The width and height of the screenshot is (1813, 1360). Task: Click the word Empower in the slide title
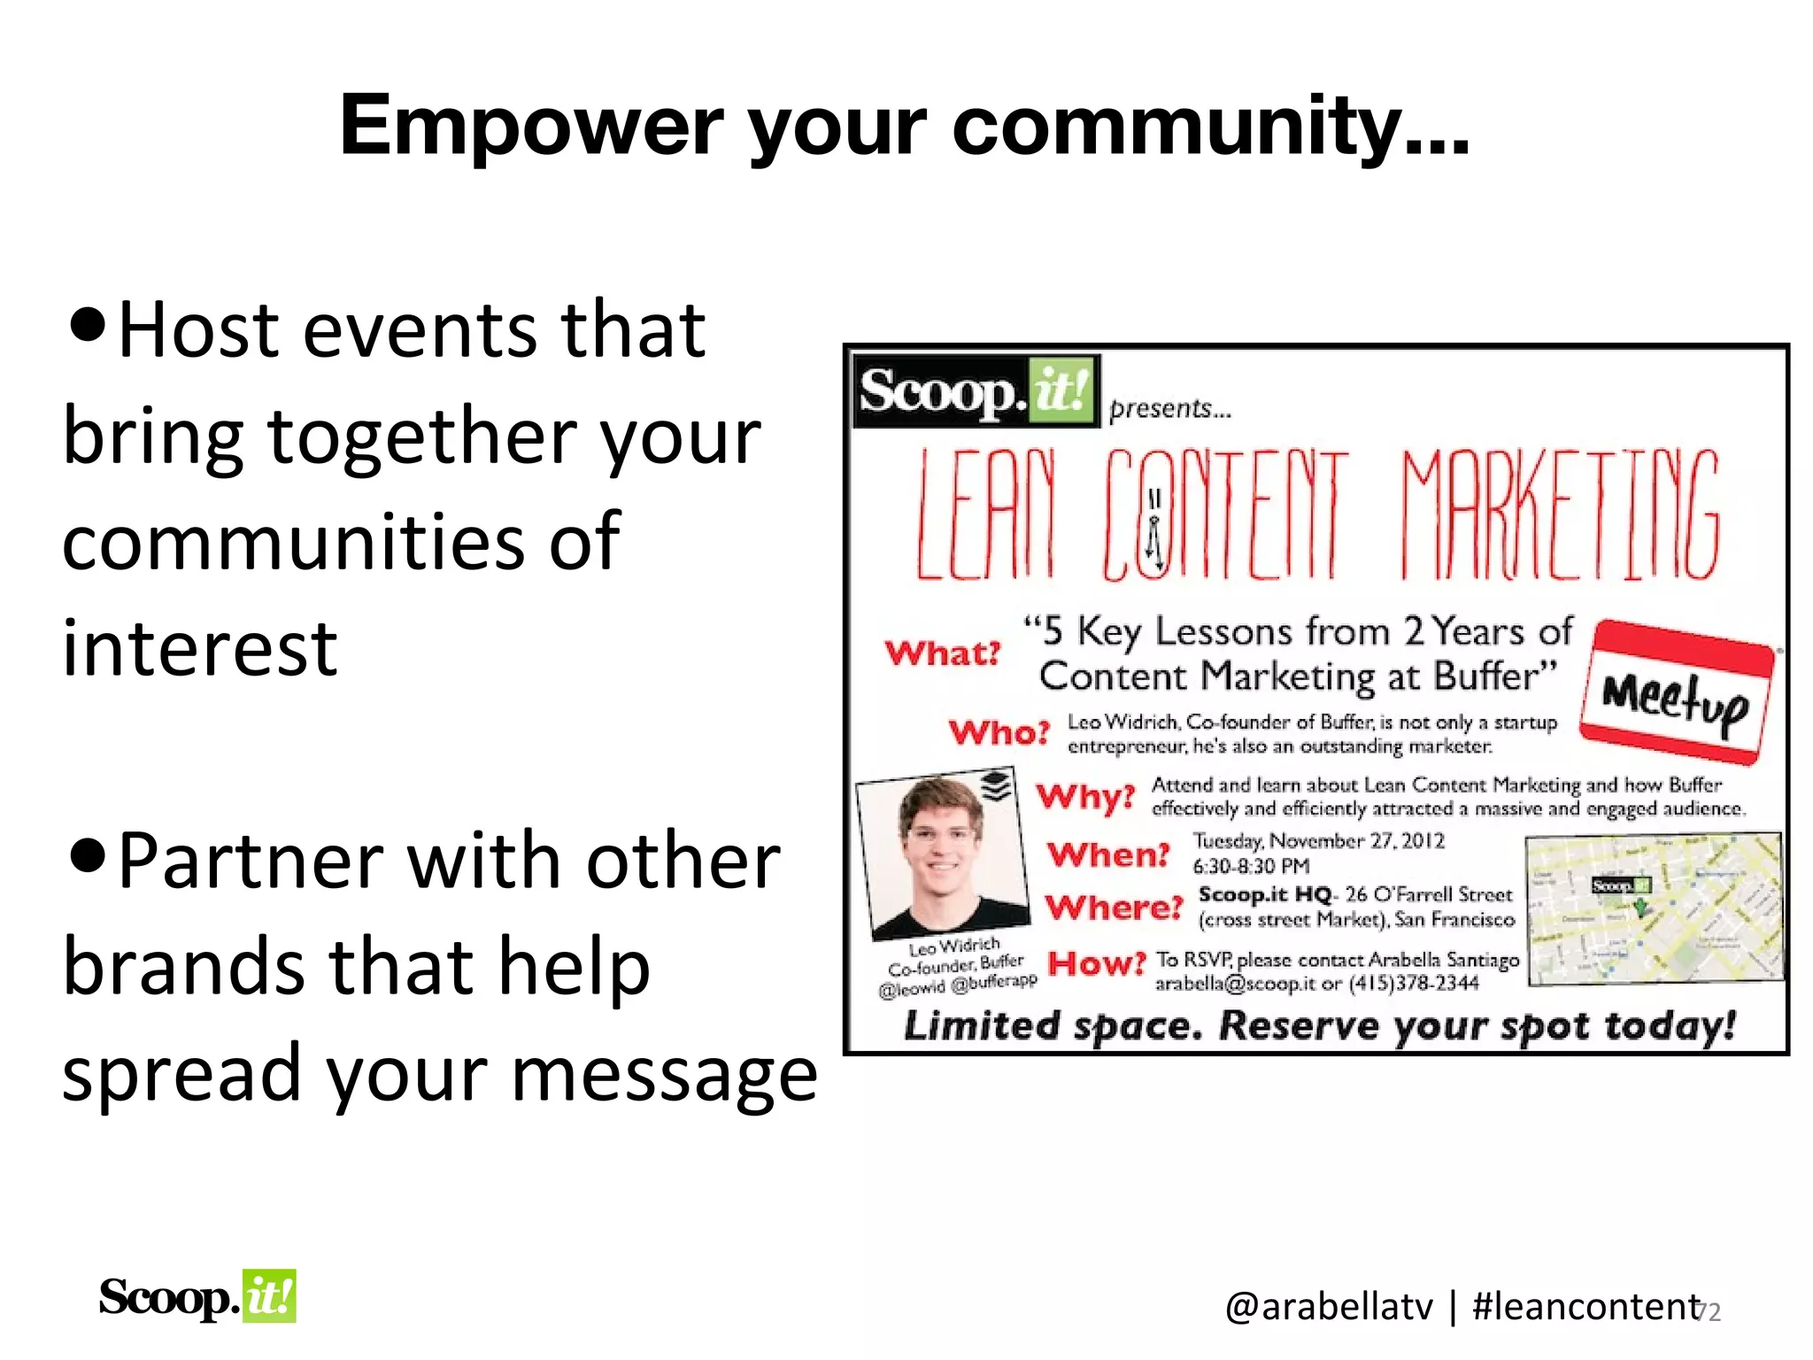[x=530, y=127]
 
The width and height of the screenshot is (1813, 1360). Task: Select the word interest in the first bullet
[x=200, y=649]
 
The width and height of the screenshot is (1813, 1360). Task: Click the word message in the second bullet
[x=664, y=1074]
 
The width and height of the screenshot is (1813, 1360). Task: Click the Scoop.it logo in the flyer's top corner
[x=975, y=391]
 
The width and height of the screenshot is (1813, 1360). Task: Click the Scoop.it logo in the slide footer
[x=197, y=1297]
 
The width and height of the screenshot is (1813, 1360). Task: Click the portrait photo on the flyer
[x=943, y=854]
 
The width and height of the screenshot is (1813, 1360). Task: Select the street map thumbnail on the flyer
[x=1653, y=908]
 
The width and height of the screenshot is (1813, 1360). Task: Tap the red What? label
[x=942, y=653]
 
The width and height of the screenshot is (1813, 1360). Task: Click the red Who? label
[x=999, y=732]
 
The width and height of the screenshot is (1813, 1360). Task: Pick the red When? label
[x=1108, y=854]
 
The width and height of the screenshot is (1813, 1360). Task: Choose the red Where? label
[x=1114, y=908]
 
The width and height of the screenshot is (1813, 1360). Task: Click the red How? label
[x=1096, y=963]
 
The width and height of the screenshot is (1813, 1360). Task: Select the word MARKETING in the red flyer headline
[x=1560, y=515]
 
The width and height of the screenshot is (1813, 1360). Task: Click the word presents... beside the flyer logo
[x=1169, y=409]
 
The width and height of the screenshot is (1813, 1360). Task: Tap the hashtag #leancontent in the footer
[x=1585, y=1307]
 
